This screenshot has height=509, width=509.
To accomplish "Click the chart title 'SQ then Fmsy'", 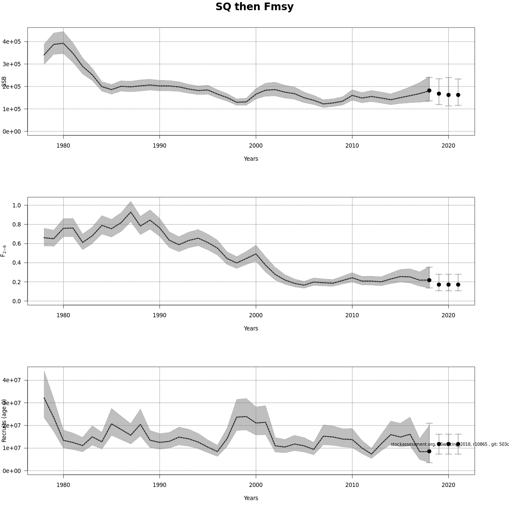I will (x=255, y=7).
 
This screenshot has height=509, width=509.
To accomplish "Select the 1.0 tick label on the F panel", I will (x=17, y=205).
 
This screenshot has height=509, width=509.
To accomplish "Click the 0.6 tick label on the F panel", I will (x=17, y=243).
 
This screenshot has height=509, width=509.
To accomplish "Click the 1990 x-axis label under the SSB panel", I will (x=159, y=145).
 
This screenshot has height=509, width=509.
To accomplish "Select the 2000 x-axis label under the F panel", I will (x=256, y=315).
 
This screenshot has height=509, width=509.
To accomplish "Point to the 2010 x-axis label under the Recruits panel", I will (x=352, y=485).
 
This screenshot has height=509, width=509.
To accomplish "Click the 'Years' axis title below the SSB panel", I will (x=251, y=159).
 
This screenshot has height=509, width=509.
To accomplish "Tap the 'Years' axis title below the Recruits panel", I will (x=251, y=498).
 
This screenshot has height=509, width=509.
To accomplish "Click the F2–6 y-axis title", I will (x=4, y=251).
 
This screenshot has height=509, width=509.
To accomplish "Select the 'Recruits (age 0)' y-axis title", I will (x=4, y=420).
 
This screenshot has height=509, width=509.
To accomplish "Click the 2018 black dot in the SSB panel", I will (x=429, y=90).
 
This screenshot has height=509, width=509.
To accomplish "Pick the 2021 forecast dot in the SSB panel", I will (x=458, y=95).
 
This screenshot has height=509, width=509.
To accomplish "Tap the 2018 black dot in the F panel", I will (x=429, y=280).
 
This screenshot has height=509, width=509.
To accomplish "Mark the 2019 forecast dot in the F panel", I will (x=439, y=285).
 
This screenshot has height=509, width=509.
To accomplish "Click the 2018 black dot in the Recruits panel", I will (x=429, y=451).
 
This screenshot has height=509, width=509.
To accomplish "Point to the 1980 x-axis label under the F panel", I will (x=63, y=315).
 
